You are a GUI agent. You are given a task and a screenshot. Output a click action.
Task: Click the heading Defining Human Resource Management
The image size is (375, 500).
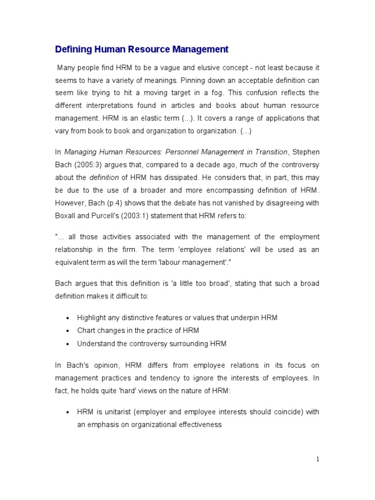click(142, 49)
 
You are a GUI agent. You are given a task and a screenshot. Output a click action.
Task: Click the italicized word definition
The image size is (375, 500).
click(104, 178)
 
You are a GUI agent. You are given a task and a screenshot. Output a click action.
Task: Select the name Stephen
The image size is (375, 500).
click(306, 152)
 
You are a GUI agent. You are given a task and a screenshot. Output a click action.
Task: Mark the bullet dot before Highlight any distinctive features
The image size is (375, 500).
click(66, 318)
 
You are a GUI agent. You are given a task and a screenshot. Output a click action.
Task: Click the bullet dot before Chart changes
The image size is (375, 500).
click(66, 331)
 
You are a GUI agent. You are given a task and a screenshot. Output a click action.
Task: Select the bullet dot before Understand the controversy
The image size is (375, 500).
click(66, 344)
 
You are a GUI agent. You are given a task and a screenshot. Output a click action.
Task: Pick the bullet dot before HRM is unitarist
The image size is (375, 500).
click(66, 412)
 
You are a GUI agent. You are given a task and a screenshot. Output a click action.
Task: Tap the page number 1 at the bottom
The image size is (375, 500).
click(317, 459)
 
